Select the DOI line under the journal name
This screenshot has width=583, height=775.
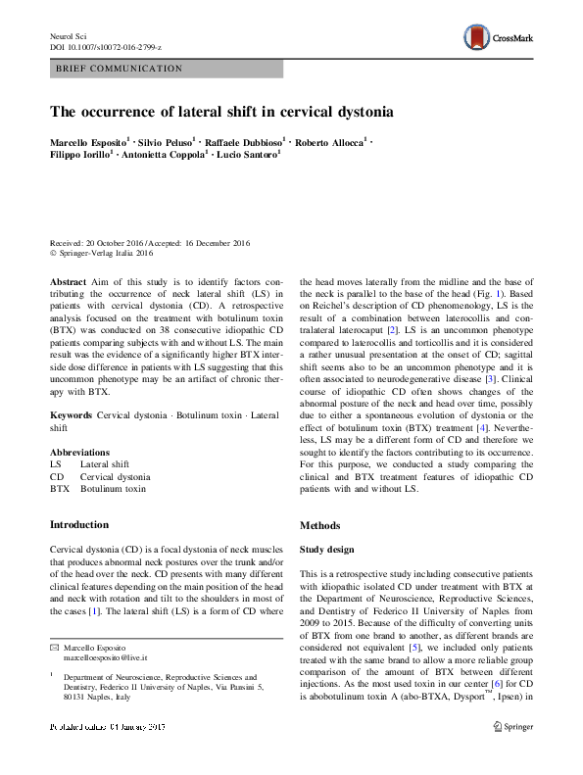click(x=105, y=47)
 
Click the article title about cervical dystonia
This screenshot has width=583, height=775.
click(x=221, y=112)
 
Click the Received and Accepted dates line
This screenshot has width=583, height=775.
click(x=150, y=243)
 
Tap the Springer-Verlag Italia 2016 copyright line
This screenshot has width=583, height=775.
click(x=102, y=254)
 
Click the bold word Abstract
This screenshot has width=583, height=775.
click(x=68, y=280)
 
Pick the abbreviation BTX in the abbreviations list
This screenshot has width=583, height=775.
click(x=59, y=487)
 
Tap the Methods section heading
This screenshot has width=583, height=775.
click(x=320, y=525)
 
